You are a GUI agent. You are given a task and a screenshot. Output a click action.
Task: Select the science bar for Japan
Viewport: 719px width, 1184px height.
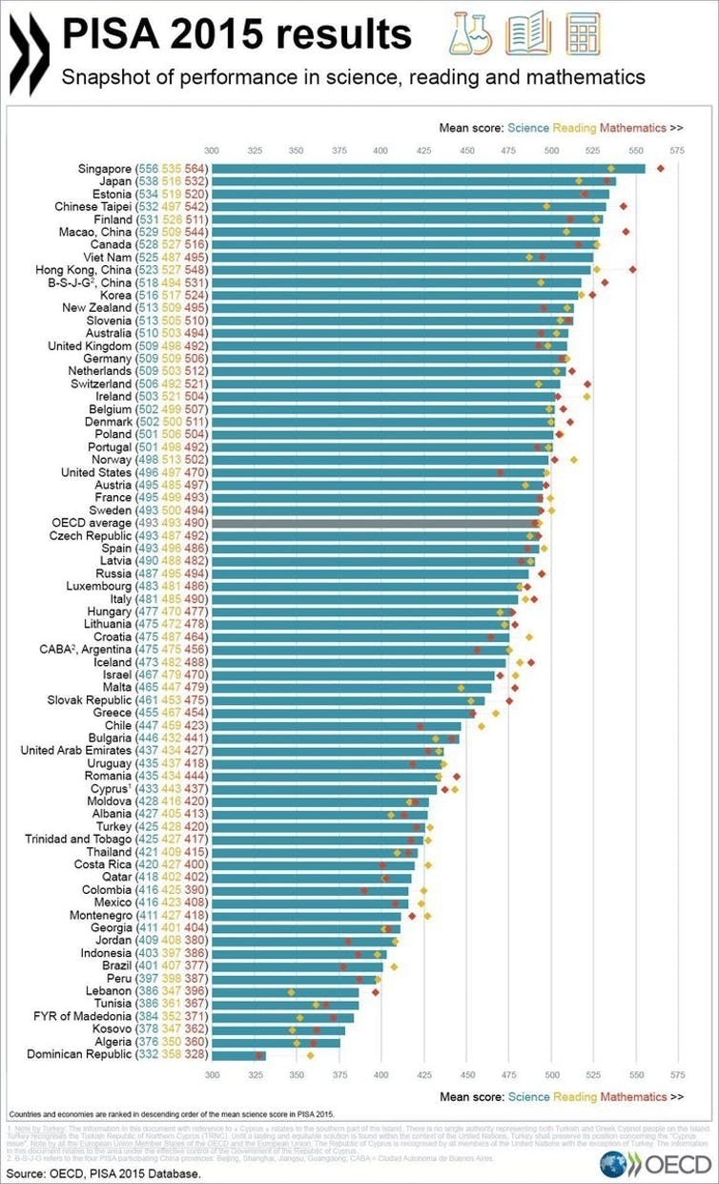click(x=410, y=181)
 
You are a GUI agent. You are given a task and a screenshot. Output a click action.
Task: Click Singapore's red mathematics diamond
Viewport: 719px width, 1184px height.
click(x=660, y=168)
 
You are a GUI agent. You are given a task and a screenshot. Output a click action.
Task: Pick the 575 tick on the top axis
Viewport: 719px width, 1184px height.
click(x=677, y=151)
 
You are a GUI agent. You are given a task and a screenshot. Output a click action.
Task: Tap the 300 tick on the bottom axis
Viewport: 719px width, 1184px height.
click(x=212, y=1074)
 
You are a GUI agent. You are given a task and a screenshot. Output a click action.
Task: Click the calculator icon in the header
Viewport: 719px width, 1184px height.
click(x=582, y=34)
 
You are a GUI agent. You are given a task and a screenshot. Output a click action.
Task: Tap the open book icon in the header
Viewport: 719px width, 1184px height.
click(x=527, y=34)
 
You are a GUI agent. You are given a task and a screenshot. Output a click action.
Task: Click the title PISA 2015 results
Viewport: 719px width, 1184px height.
click(x=236, y=35)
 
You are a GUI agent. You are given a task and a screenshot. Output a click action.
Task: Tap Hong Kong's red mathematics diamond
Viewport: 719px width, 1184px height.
click(x=632, y=270)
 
